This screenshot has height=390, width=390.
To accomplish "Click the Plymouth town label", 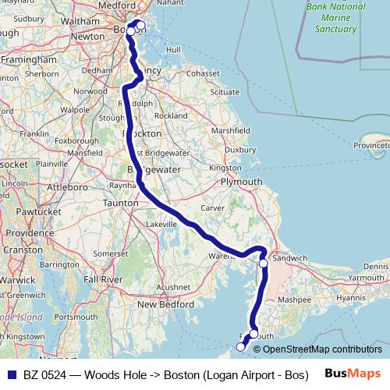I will [x=243, y=182].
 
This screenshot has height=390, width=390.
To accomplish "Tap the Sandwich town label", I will [x=290, y=257].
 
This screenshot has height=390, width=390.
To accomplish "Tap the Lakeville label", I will [x=161, y=224].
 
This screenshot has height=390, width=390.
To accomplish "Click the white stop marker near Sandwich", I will [x=264, y=264].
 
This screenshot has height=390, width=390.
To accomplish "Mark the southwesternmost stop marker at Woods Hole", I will [x=239, y=347].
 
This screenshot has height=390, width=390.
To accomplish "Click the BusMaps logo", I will [x=351, y=374].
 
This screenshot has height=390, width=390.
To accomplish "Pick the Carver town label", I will [x=212, y=208].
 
